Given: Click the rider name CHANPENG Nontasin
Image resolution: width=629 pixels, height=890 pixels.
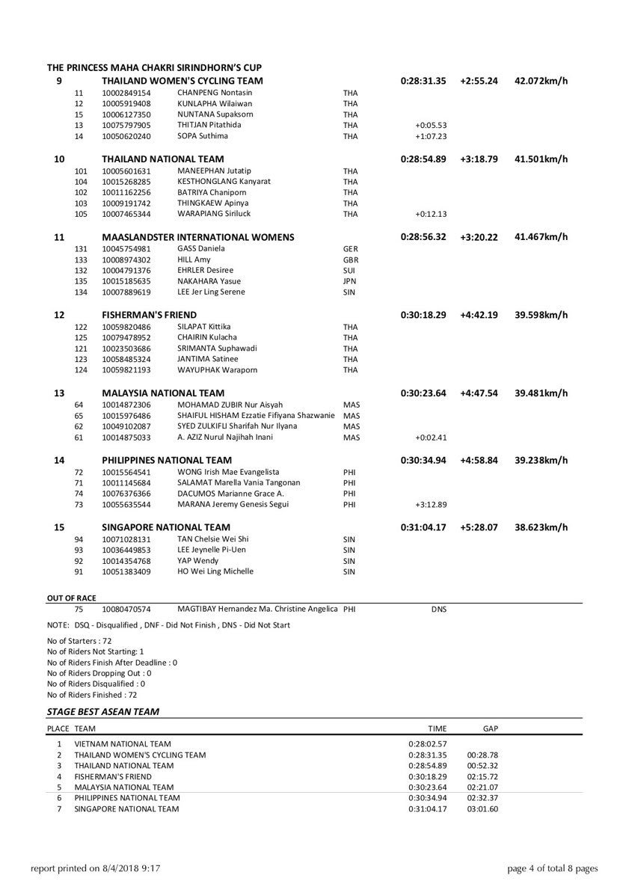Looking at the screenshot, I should click(x=209, y=92).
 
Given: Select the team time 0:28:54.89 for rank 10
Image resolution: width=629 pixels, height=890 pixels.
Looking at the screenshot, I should click(x=423, y=159).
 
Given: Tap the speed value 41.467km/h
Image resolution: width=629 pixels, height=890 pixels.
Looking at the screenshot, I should click(x=541, y=237).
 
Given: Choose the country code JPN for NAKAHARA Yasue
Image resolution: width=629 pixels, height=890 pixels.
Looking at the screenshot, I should click(x=350, y=280).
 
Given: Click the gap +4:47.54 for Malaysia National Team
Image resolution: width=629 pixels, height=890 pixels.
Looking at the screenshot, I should click(x=479, y=393).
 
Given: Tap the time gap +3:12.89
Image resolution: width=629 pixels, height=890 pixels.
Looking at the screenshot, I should click(x=431, y=504).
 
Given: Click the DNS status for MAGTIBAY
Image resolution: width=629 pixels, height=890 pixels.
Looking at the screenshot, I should click(x=439, y=610).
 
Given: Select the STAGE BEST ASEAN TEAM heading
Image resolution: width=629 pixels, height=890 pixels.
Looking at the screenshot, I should click(x=103, y=712).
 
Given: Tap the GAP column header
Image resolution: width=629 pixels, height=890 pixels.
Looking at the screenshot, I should click(x=491, y=728).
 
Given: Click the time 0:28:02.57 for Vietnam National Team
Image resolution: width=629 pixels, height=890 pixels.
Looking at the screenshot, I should click(x=428, y=744).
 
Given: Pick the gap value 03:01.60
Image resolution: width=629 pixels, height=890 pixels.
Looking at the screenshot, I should click(x=482, y=808).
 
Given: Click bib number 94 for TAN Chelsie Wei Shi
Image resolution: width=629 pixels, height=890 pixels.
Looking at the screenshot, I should click(x=79, y=538).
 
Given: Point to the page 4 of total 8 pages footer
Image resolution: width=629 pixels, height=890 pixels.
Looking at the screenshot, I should click(x=552, y=868).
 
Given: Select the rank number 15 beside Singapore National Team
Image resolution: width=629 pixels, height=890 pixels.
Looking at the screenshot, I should click(x=59, y=527).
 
